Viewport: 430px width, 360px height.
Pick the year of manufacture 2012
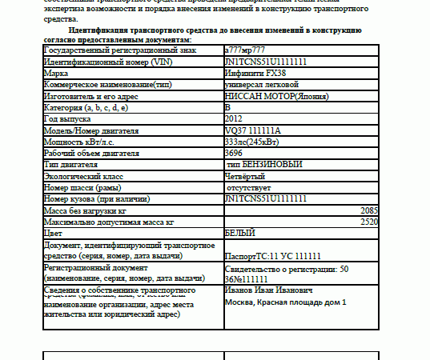(x=234, y=118)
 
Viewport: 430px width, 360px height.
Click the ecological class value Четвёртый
(x=247, y=175)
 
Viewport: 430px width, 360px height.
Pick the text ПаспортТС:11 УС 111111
(x=273, y=256)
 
